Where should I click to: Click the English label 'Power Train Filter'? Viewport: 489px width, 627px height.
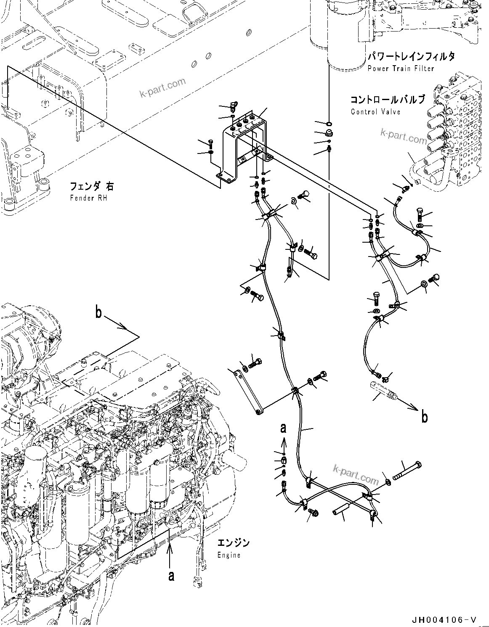(x=400, y=69)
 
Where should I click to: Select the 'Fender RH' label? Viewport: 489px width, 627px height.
(x=89, y=198)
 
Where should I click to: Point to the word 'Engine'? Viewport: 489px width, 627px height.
(x=229, y=555)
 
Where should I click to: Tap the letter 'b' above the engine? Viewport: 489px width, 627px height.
(x=98, y=314)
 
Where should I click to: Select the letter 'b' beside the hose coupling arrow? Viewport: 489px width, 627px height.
(x=425, y=417)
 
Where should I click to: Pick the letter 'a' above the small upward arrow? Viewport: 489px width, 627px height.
(x=283, y=428)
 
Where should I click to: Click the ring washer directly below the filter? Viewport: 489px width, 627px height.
(x=329, y=123)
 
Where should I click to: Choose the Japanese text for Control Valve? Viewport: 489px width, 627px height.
(x=387, y=100)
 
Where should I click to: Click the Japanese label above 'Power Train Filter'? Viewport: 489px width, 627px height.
(x=411, y=57)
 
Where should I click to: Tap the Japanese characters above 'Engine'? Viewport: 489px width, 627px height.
(x=234, y=543)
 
